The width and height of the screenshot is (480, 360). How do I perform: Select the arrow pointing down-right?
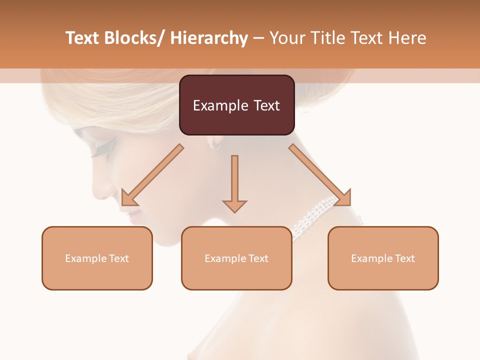[x=320, y=175]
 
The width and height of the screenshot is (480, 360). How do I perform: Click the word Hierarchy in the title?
[x=209, y=38]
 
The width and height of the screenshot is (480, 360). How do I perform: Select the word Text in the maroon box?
[x=267, y=105]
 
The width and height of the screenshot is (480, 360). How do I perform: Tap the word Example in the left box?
[x=85, y=258]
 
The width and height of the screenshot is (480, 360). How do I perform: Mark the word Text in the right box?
[x=404, y=258]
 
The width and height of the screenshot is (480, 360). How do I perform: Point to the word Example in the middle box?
[x=225, y=258]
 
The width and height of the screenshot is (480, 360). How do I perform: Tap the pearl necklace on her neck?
[x=320, y=215]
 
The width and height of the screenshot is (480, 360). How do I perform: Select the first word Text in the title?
[x=83, y=38]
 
